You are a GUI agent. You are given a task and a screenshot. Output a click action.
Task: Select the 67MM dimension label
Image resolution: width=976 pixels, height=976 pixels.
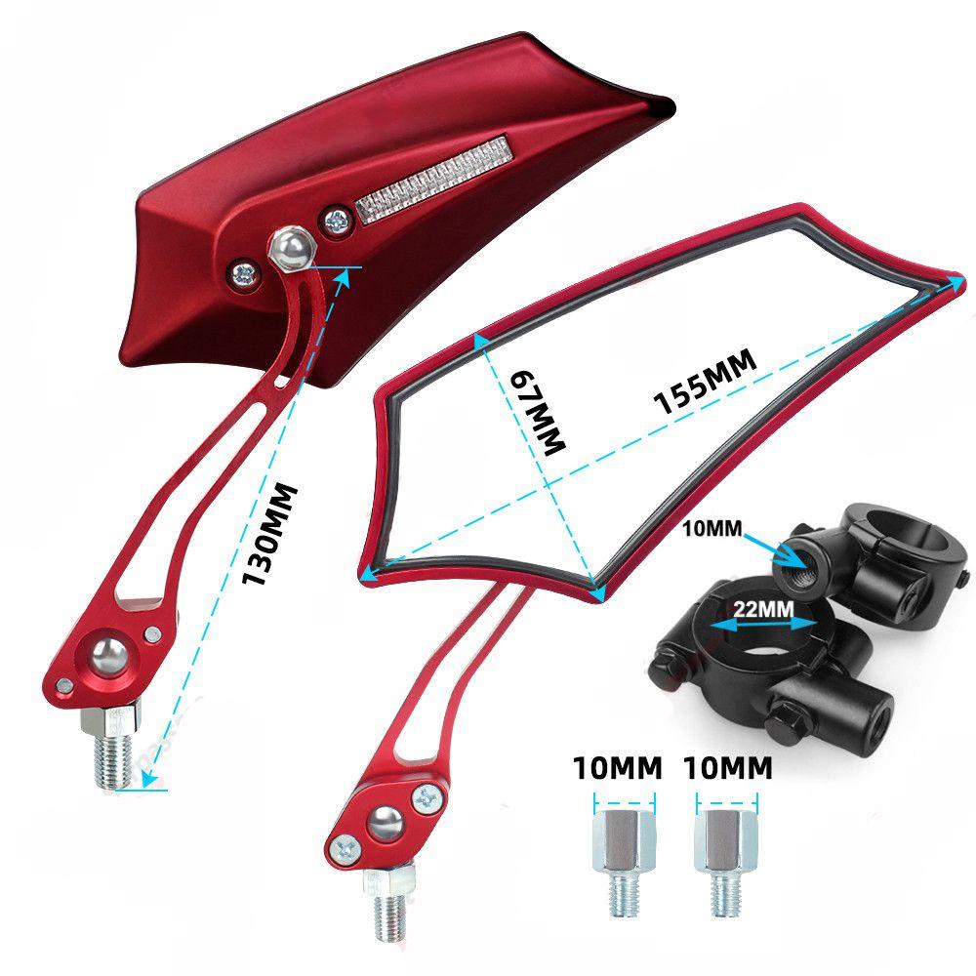(x=538, y=413)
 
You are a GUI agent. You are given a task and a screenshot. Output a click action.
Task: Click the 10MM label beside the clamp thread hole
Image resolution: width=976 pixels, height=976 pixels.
(x=712, y=528)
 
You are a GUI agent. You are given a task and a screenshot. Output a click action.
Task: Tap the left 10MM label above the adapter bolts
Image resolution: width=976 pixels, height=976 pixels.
(x=617, y=768)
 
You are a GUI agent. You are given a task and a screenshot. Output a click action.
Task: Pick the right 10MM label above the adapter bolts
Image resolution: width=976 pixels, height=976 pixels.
(x=728, y=768)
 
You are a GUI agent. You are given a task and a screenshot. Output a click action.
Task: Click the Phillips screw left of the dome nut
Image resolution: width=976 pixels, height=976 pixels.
(x=243, y=273)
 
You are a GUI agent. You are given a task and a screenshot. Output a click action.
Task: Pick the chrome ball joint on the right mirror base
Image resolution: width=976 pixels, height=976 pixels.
(x=384, y=823)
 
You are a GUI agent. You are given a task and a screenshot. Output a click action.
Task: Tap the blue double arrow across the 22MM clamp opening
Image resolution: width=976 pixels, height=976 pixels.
(x=763, y=625)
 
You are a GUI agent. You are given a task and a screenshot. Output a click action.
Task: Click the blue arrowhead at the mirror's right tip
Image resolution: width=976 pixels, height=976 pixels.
(x=954, y=285)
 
